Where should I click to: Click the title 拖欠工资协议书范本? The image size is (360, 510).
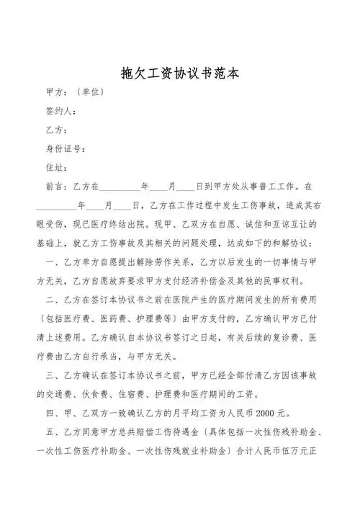point(179,73)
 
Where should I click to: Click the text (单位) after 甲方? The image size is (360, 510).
point(91,92)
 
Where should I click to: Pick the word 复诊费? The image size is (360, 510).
point(274,336)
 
